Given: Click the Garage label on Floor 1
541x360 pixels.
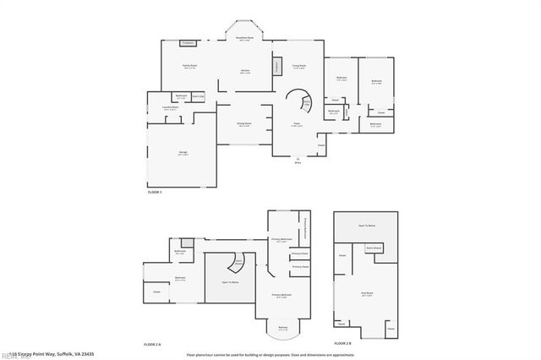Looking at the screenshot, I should point(183,153).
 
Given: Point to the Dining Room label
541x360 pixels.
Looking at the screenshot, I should point(244,124).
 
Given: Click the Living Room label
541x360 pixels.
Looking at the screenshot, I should point(298,66).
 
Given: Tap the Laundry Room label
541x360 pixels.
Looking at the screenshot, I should point(157,108).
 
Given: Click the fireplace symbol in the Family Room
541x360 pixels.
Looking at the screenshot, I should point(189,42).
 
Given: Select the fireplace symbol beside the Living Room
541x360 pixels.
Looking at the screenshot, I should point(276,68).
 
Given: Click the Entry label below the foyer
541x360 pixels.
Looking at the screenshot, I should point(298,163).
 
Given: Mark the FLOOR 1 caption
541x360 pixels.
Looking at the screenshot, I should point(154,194).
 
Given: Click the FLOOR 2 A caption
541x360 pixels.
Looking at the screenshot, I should point(152,343).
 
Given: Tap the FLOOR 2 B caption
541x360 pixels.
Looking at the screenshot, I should point(342,343).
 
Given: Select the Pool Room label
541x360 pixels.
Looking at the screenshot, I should point(367,295).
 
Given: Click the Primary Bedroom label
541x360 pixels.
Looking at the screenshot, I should point(281,295).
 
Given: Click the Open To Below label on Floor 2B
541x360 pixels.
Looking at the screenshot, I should point(367,226).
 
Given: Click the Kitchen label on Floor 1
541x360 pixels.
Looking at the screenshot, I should point(244,71).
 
